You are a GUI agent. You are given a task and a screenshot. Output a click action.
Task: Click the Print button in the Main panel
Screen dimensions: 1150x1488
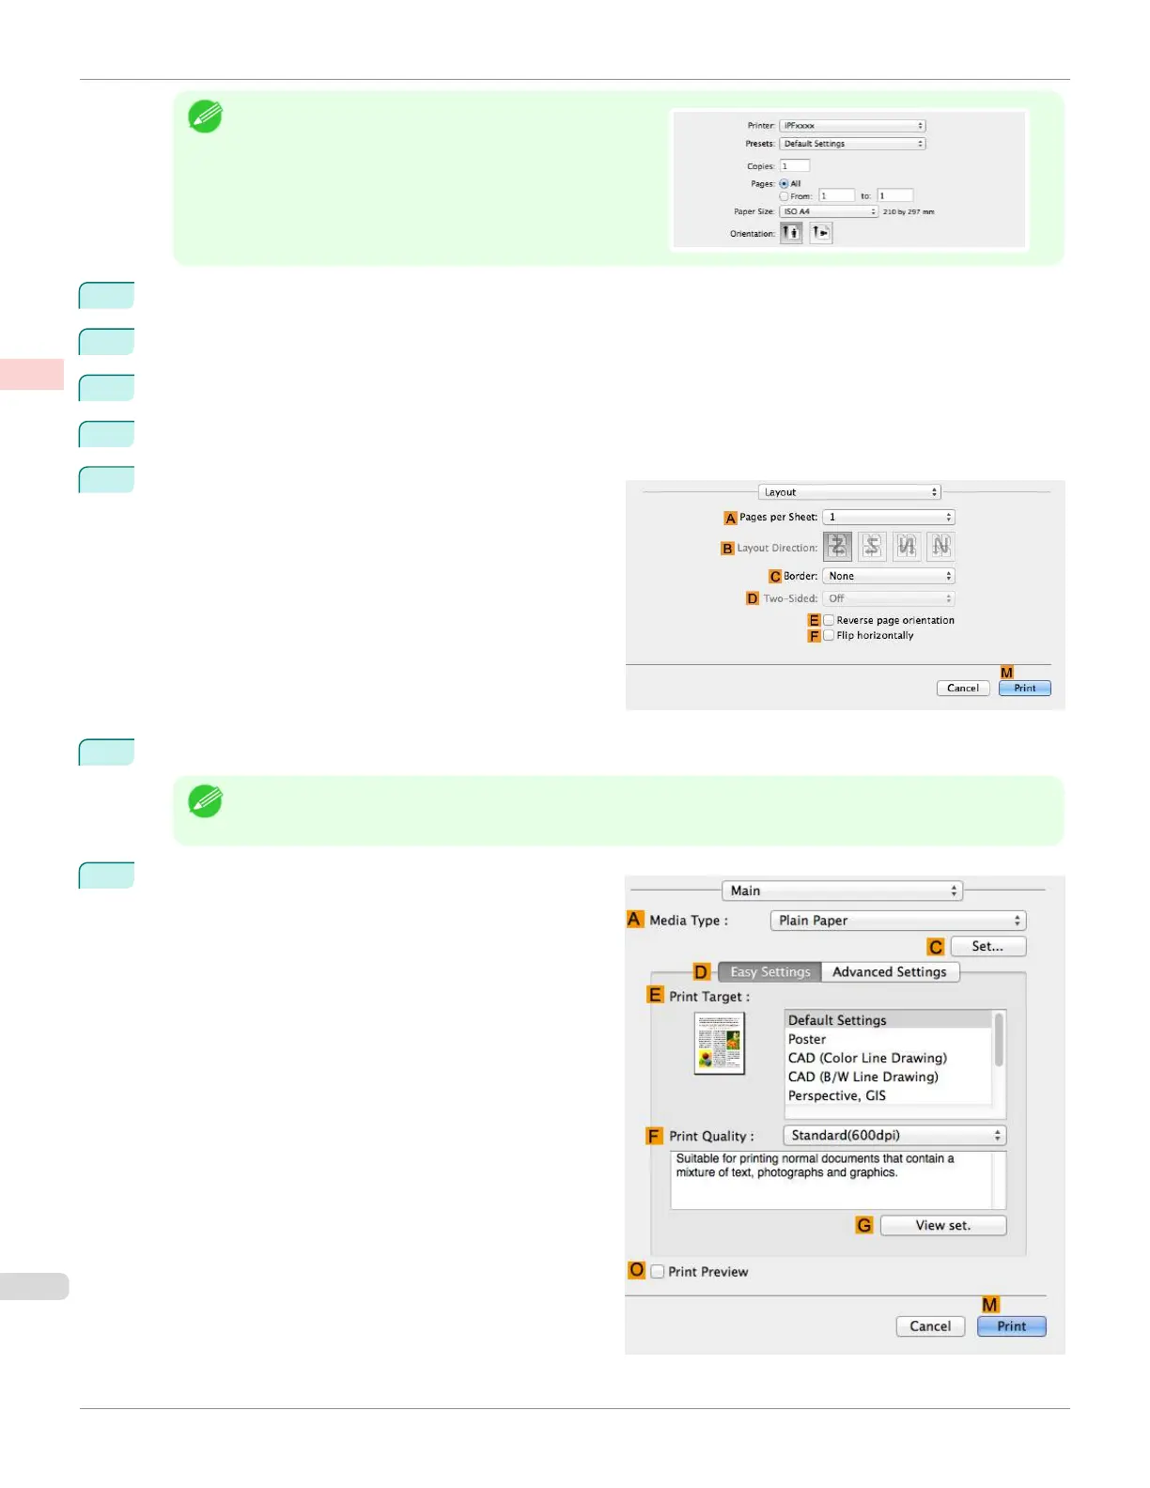tap(1011, 1326)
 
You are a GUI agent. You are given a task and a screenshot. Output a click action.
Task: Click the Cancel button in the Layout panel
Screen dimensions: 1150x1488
tap(962, 689)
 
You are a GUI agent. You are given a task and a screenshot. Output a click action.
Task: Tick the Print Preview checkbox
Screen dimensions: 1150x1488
tap(658, 1272)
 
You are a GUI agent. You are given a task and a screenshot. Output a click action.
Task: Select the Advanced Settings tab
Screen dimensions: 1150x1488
tap(889, 972)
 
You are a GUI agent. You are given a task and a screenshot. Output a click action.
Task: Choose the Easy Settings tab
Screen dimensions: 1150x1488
tap(769, 972)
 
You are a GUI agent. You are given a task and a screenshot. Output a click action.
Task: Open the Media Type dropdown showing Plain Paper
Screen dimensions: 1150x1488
tap(898, 921)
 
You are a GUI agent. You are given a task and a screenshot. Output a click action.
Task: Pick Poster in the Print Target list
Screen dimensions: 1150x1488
tap(807, 1040)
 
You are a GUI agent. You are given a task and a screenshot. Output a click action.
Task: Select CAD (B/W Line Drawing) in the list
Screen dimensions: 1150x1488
tap(862, 1077)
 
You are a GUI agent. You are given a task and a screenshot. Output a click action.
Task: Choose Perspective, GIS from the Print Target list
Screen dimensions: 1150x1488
tap(836, 1096)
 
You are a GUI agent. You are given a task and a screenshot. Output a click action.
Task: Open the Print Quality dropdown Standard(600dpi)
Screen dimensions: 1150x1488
tap(896, 1136)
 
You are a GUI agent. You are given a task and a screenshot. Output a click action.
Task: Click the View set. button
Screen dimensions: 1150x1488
tap(942, 1226)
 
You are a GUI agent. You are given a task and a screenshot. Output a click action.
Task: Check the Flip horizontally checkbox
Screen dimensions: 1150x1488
tap(829, 636)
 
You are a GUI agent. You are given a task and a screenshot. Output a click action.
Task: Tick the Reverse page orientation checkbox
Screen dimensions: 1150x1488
tap(829, 621)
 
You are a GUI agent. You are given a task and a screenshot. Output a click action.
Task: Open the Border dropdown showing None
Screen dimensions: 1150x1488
tap(888, 577)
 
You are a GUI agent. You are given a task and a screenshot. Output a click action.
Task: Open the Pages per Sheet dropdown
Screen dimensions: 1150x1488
tap(888, 518)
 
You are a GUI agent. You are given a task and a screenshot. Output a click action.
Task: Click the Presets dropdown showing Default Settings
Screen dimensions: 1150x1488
tap(852, 144)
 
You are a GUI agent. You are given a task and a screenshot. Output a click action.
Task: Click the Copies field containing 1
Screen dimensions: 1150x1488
tap(794, 166)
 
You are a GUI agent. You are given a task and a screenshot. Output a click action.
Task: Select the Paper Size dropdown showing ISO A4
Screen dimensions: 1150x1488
tap(829, 212)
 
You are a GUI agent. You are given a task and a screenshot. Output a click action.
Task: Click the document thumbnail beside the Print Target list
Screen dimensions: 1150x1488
tap(720, 1043)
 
